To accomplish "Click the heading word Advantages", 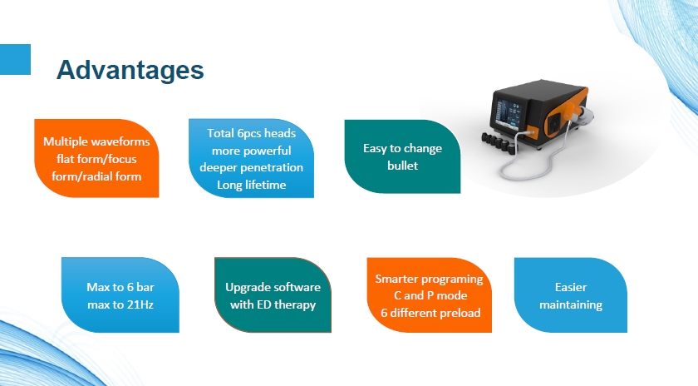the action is [130, 70].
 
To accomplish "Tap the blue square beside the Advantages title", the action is [15, 59].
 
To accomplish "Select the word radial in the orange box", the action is [97, 176].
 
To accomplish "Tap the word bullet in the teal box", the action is [402, 166].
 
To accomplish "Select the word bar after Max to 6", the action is [145, 287].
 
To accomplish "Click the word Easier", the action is [571, 287].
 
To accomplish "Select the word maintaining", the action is [571, 304].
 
